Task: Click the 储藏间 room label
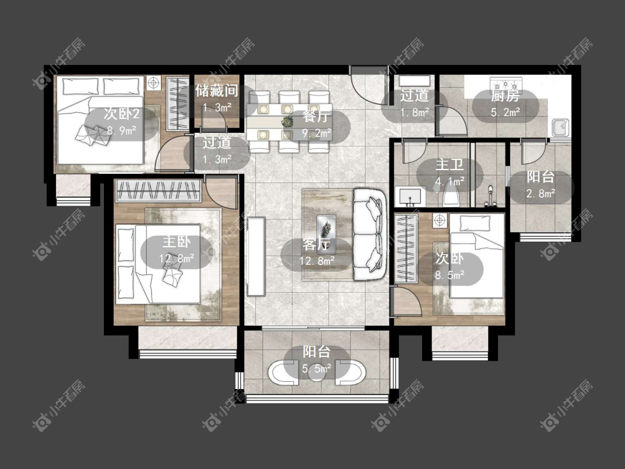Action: pyautogui.click(x=217, y=91)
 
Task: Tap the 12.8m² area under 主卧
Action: pyautogui.click(x=177, y=259)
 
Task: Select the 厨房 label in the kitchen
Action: pyautogui.click(x=505, y=96)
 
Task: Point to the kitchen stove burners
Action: pyautogui.click(x=506, y=84)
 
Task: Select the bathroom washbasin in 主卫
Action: pyautogui.click(x=410, y=197)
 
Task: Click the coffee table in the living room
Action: pyautogui.click(x=326, y=234)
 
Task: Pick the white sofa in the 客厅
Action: pyautogui.click(x=369, y=234)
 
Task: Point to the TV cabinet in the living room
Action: pyautogui.click(x=256, y=256)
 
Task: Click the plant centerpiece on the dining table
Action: pyautogui.click(x=287, y=122)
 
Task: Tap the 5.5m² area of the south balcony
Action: pyautogui.click(x=317, y=369)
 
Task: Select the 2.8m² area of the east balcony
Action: pyautogui.click(x=541, y=194)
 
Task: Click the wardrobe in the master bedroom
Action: pyautogui.click(x=158, y=191)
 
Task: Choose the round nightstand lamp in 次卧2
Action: pyautogui.click(x=153, y=83)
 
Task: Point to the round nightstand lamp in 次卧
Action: pyautogui.click(x=439, y=220)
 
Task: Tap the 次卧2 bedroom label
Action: pyautogui.click(x=122, y=114)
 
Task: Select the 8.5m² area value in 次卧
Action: pyautogui.click(x=449, y=275)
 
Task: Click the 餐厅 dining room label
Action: pyautogui.click(x=317, y=117)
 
